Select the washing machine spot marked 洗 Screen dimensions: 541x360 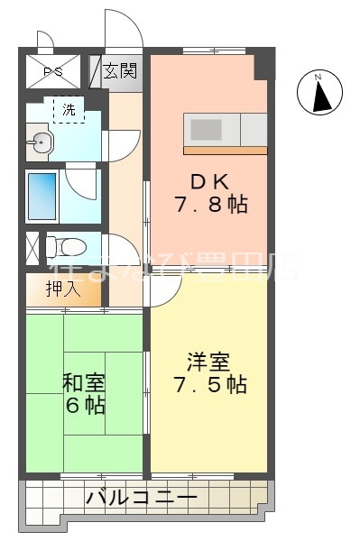[x=69, y=110]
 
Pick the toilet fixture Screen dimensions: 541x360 [x=64, y=245]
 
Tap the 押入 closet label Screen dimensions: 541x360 [x=64, y=290]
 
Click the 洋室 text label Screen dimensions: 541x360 [x=208, y=361]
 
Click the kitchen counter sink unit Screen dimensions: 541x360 [x=226, y=128]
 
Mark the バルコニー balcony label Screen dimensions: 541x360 [x=142, y=497]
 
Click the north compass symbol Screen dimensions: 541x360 [x=319, y=93]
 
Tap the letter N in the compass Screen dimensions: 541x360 [x=318, y=78]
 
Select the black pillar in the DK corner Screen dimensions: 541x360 [x=263, y=66]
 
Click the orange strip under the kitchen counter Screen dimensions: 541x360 [x=226, y=149]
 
